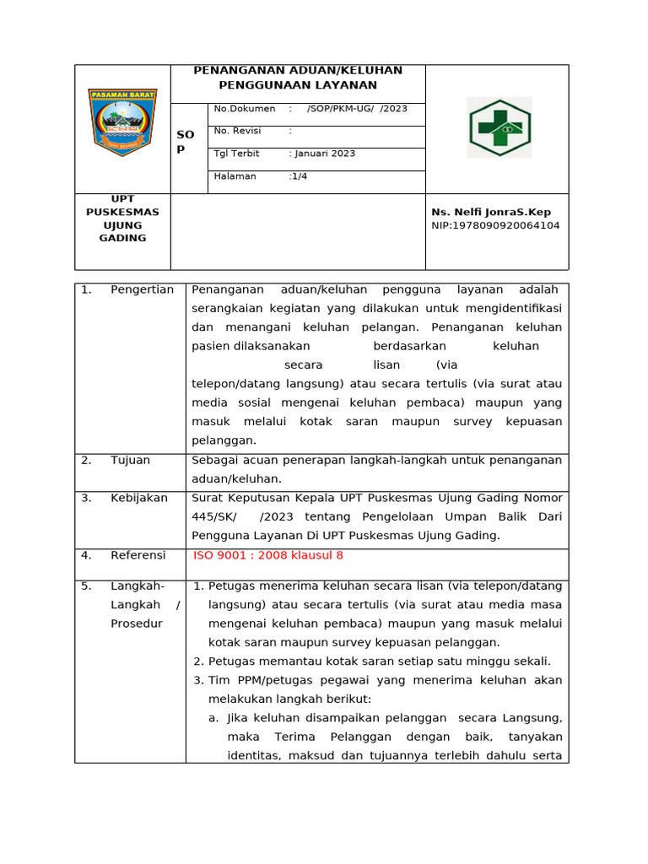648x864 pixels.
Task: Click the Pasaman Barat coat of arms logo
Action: (121, 121)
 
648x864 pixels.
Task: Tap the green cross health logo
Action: (499, 127)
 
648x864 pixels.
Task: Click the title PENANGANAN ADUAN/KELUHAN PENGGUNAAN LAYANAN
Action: (298, 78)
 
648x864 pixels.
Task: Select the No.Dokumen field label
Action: (245, 109)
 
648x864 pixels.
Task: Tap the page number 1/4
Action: (299, 176)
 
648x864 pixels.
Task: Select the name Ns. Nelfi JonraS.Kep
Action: (491, 212)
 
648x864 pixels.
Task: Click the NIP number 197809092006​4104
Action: (495, 225)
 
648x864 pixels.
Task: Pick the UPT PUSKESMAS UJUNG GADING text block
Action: (122, 219)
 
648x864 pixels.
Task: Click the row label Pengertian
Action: (142, 289)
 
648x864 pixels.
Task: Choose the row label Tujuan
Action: (130, 460)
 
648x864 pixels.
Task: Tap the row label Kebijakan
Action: (139, 498)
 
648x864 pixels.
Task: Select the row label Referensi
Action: (138, 555)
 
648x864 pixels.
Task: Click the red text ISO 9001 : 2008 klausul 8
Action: (268, 555)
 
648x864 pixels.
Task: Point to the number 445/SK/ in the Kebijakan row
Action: (214, 516)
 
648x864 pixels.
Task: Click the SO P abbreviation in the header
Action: (186, 141)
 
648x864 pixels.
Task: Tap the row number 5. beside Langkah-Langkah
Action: (86, 586)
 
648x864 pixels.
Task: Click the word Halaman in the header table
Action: (235, 176)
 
